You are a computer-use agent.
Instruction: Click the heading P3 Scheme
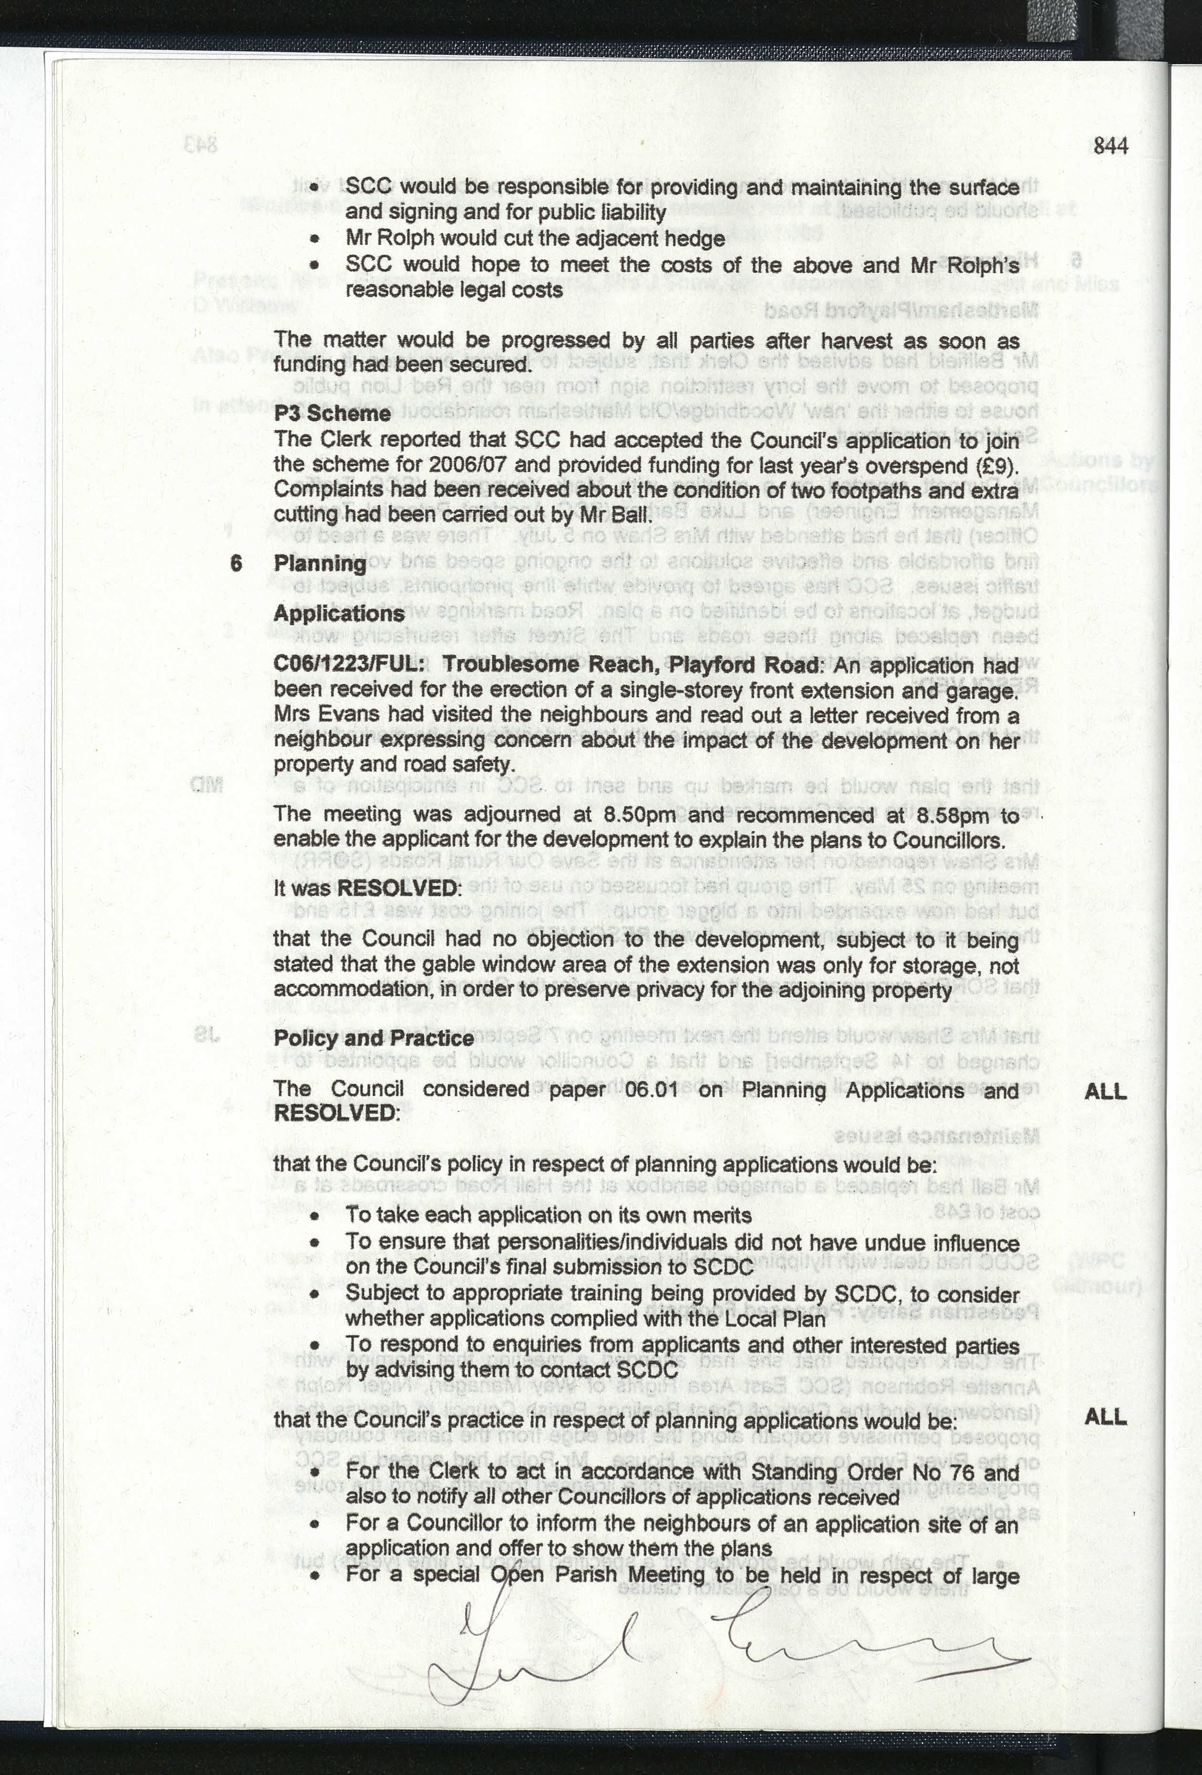(332, 414)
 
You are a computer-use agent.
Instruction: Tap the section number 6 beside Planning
(236, 564)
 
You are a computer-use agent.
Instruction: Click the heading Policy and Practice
(373, 1039)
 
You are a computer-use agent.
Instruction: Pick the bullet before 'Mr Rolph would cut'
(314, 239)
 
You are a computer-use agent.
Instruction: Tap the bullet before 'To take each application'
(314, 1216)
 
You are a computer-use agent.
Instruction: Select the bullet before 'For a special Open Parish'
(314, 1575)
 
